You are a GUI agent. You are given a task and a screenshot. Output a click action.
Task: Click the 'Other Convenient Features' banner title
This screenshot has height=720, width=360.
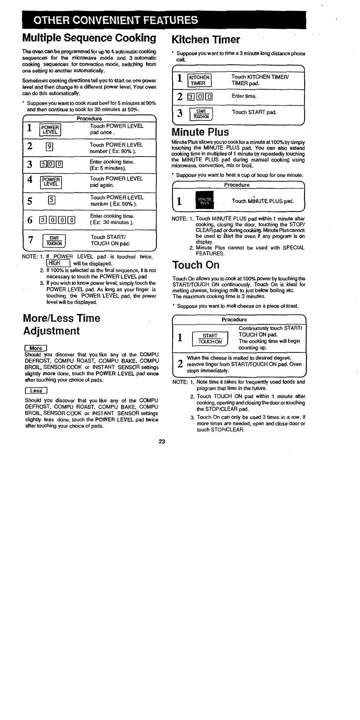point(115,20)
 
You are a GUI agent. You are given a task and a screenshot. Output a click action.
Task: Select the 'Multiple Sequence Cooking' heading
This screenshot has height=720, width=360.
point(89,38)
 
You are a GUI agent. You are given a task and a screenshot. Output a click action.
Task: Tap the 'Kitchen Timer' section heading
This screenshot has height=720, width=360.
point(206,39)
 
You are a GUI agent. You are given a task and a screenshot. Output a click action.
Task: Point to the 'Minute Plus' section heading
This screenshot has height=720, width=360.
point(200,132)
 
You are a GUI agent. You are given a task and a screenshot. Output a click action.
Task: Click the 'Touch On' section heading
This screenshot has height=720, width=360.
point(196,265)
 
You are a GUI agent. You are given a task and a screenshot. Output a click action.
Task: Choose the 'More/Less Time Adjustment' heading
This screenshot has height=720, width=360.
point(62,324)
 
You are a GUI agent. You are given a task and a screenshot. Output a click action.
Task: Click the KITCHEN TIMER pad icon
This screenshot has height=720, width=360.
point(200,80)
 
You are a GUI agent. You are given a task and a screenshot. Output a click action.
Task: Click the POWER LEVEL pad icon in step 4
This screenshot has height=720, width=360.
point(51,182)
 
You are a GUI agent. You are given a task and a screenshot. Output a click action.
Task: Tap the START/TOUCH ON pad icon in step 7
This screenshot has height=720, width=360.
point(54,241)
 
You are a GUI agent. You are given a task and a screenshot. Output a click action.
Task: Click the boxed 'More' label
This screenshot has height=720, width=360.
point(35,348)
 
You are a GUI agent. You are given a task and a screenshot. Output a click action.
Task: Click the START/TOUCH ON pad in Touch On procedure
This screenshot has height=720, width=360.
point(210,338)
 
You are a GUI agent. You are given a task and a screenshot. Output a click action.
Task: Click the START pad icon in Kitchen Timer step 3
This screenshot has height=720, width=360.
point(201,114)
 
